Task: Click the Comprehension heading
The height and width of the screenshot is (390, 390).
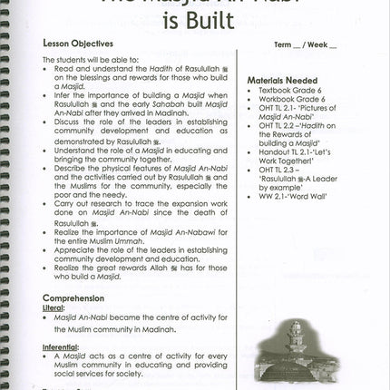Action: click(73, 297)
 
